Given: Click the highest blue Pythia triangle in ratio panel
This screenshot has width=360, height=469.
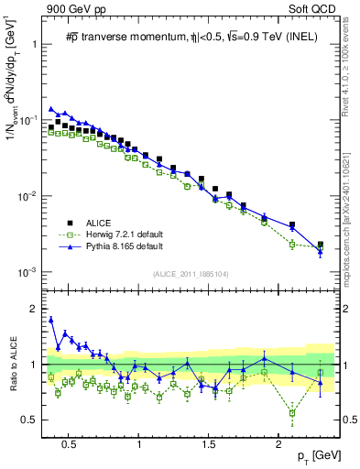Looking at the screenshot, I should pos(51,320).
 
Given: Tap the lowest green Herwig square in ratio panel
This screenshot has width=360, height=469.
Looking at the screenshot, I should pos(292,412).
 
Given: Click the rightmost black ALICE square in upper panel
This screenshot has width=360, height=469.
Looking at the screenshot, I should pos(320,245).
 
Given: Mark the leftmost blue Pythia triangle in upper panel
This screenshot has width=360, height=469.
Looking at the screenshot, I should pos(51,108).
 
